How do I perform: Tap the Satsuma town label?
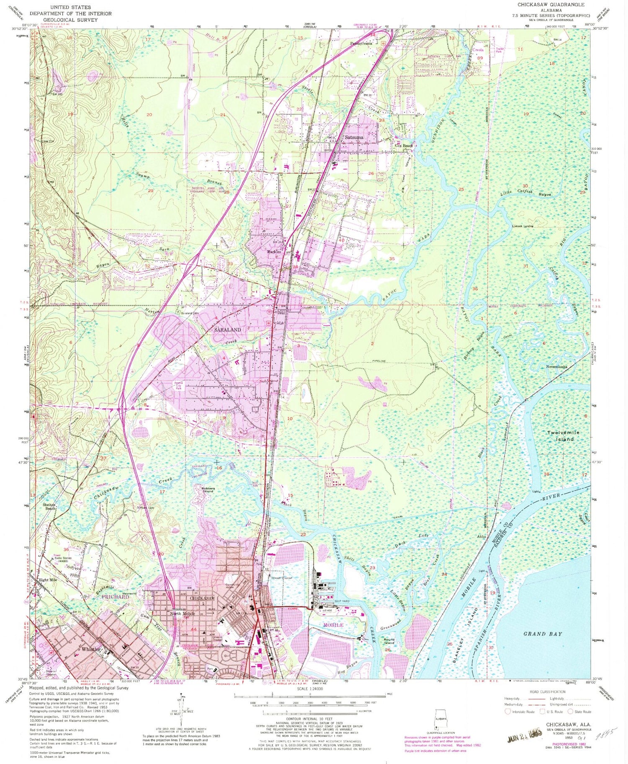354,137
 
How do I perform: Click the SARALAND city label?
227,329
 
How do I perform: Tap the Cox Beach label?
404,146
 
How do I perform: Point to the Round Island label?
389,642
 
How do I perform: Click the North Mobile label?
182,614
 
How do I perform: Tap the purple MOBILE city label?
333,625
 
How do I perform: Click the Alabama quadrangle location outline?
440,715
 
